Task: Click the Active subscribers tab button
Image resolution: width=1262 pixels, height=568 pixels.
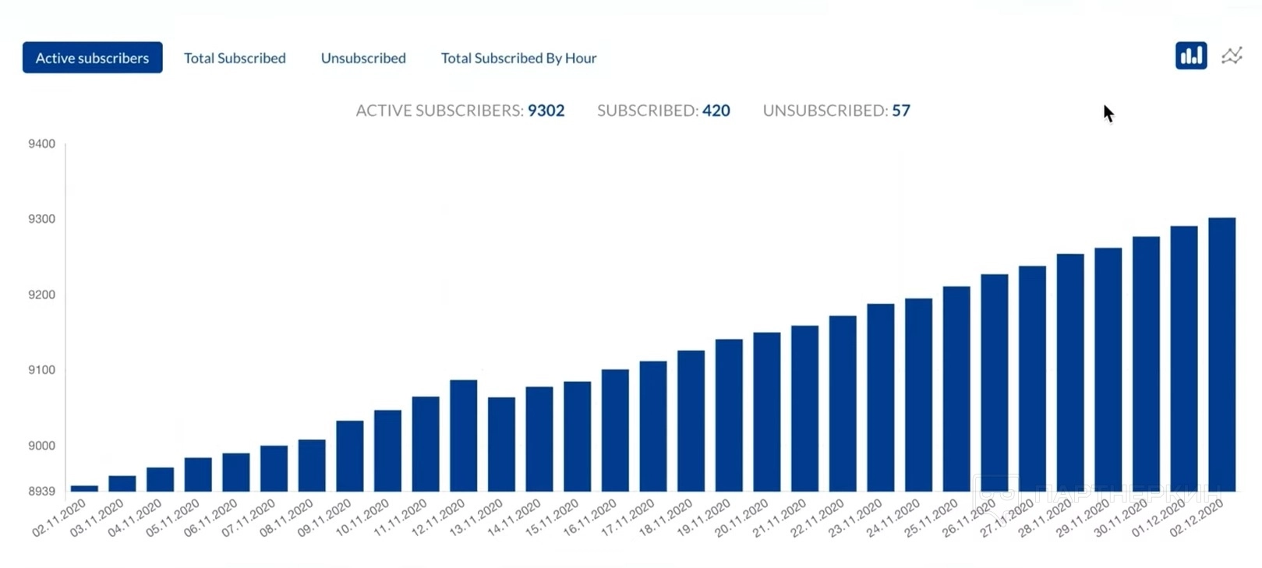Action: point(92,58)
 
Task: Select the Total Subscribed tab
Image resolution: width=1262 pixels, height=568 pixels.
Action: point(235,58)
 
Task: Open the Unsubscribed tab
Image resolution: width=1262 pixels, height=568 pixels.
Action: point(363,58)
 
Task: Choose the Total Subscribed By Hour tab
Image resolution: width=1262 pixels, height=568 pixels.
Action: point(518,58)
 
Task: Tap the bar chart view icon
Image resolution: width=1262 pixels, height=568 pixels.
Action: point(1190,56)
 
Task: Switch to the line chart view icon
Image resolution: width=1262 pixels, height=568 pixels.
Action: point(1232,56)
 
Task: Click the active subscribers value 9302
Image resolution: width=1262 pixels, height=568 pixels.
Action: point(546,111)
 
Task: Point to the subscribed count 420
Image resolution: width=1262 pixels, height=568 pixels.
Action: point(716,111)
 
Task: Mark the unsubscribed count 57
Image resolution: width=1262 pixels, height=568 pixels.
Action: point(901,111)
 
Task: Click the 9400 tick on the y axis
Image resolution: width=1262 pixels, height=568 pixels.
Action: point(42,144)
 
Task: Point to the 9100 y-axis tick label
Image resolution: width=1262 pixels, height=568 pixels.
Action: point(42,370)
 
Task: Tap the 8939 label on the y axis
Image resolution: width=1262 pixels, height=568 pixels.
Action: point(42,492)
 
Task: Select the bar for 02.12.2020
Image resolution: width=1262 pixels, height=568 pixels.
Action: point(1221,355)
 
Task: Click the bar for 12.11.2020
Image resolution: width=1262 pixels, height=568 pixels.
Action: point(464,436)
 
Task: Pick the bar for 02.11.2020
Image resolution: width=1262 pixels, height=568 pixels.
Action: point(84,489)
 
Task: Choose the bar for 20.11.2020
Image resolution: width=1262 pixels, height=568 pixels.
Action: point(767,412)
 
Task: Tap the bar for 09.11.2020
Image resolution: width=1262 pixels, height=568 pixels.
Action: point(350,456)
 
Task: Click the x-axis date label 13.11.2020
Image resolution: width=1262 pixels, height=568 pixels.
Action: point(476,518)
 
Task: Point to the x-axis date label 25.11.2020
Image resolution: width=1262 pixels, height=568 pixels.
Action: point(931,518)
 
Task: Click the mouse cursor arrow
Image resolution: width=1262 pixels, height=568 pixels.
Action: point(1108,113)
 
